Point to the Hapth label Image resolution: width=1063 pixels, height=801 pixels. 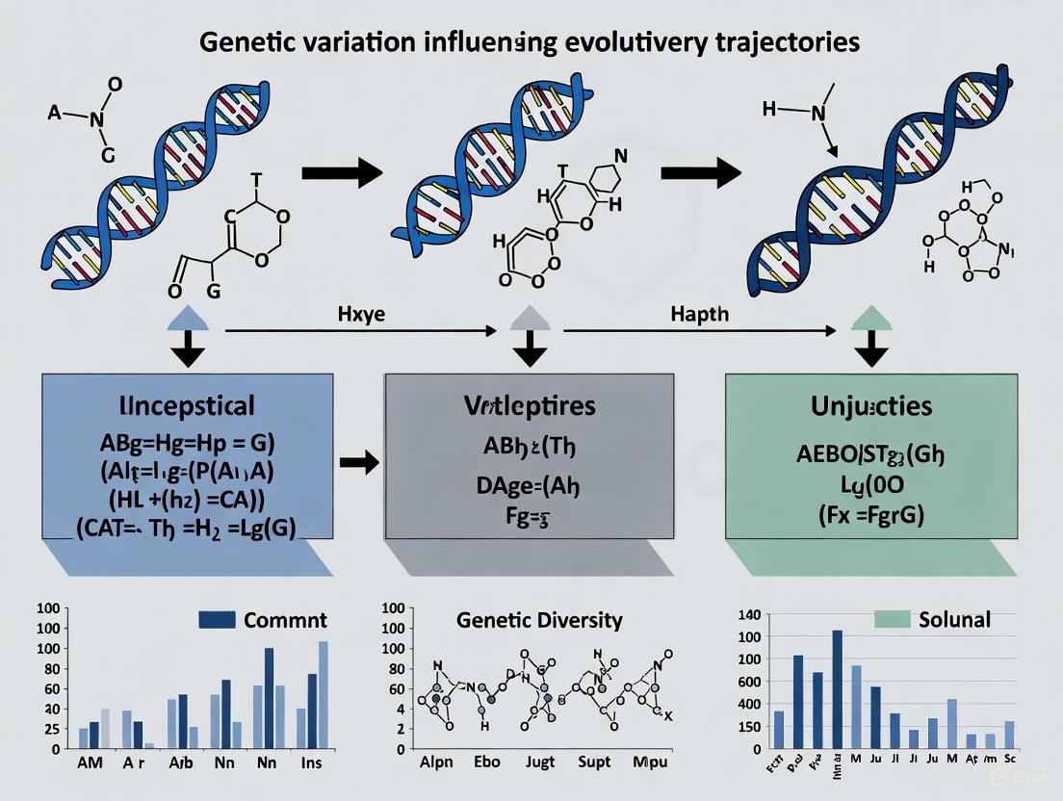click(700, 315)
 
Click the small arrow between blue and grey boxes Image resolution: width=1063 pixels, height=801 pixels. click(360, 463)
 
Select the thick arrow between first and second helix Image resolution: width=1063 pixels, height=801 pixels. click(343, 173)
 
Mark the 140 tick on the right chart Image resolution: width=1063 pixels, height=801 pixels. click(748, 615)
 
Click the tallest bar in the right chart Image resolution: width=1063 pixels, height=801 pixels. click(837, 688)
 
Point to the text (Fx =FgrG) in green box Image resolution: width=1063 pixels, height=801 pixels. click(870, 514)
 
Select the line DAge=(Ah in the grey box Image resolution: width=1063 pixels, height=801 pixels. click(525, 486)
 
